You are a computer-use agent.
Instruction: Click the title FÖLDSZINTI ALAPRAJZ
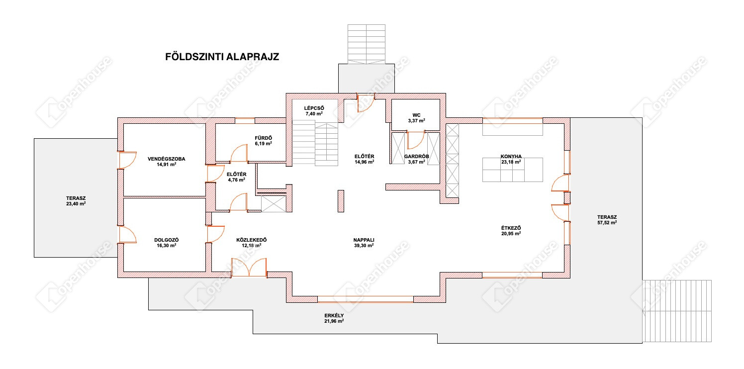222,57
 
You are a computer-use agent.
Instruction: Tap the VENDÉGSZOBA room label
167,159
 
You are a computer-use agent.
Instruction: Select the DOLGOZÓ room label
167,240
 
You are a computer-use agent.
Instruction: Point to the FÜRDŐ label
264,138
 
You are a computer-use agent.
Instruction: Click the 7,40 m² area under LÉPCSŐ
314,113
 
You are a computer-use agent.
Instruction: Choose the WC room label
416,115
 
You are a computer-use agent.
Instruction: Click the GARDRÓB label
416,156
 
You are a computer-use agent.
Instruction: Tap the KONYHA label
511,156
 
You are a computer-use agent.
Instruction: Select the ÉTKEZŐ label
511,228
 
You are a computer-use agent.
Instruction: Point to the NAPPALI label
364,240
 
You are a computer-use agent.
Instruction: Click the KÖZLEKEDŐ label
252,240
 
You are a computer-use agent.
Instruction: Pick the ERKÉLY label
334,315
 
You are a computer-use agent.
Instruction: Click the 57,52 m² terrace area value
607,222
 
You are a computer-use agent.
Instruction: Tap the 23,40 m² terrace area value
76,203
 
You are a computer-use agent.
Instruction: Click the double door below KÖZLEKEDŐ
249,268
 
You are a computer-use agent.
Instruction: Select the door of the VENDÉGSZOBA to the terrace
128,160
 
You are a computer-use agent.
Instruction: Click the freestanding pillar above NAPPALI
341,201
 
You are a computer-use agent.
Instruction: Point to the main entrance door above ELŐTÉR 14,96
366,103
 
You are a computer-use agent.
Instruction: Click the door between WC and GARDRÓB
416,140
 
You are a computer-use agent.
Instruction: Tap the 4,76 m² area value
237,180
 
